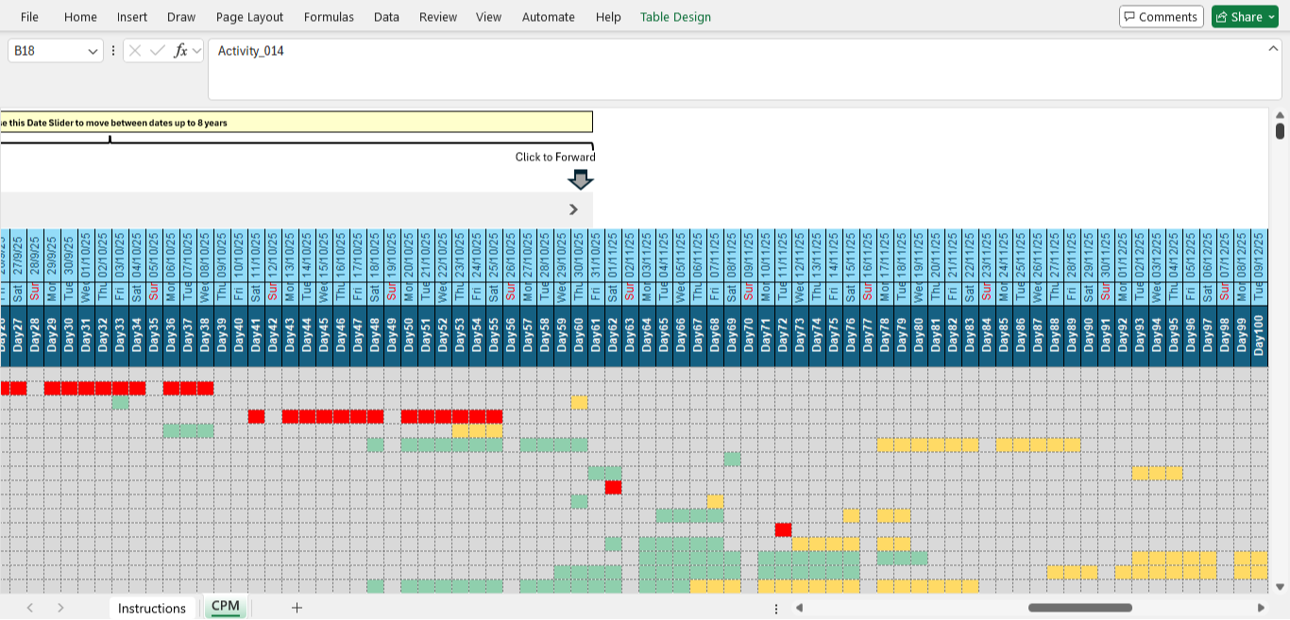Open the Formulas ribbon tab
tap(329, 17)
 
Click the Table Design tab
tap(675, 17)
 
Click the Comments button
tap(1161, 17)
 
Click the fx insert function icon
tap(180, 51)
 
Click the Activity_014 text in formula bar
tap(250, 51)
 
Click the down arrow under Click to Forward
tap(580, 179)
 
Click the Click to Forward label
tap(554, 157)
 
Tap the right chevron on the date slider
tap(573, 209)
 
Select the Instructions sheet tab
tap(151, 608)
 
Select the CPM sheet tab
tap(226, 607)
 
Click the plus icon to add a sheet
tap(297, 608)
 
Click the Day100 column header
tap(1258, 336)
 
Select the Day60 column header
tap(578, 336)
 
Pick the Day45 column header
tap(323, 336)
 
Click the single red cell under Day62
tap(613, 488)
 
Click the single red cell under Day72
tap(783, 530)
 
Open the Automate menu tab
tap(548, 17)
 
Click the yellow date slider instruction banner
tap(296, 122)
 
